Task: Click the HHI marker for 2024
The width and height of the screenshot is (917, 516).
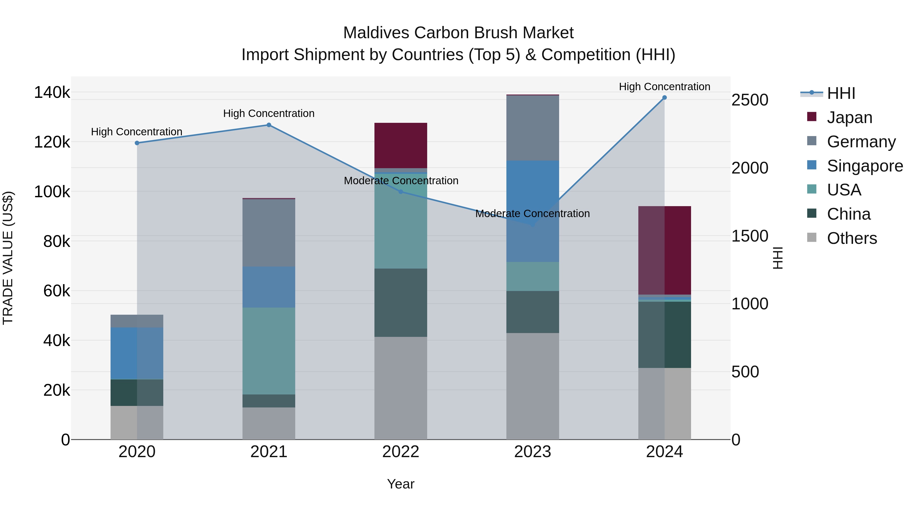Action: (x=664, y=98)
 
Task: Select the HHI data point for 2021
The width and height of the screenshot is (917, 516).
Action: (x=269, y=125)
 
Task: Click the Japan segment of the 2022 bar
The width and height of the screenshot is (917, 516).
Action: (x=400, y=145)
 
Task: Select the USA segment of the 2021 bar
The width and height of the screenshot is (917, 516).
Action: (x=269, y=351)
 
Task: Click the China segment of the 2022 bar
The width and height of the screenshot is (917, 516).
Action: (x=400, y=303)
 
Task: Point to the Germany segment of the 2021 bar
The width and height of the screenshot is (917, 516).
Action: (x=269, y=233)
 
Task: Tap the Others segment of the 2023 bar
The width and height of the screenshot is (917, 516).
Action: (x=533, y=386)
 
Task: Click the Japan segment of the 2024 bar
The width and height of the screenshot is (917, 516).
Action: (x=664, y=250)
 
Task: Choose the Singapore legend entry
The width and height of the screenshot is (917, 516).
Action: (x=864, y=166)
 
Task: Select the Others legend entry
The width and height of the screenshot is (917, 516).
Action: (x=852, y=238)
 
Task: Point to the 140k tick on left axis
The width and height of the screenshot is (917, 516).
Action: (x=52, y=92)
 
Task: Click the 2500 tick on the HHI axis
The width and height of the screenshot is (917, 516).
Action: (x=750, y=100)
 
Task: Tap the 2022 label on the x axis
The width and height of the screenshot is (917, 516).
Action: (x=400, y=452)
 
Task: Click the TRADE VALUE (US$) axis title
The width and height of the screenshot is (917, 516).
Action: (x=8, y=258)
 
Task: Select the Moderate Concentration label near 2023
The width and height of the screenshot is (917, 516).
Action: (x=533, y=214)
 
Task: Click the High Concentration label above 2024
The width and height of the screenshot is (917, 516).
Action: (x=664, y=87)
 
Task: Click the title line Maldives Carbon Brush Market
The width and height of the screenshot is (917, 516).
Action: (x=458, y=33)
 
